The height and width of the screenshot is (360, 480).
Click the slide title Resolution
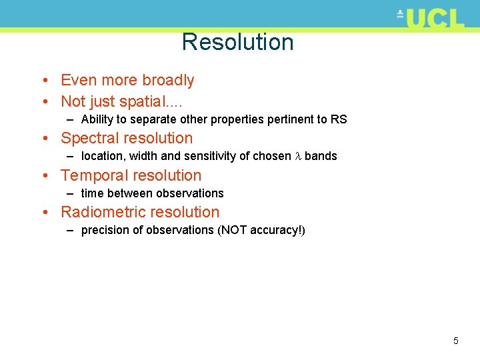coord(237,42)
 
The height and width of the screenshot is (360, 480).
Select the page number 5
coord(456,341)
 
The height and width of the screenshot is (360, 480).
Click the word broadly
coord(167,81)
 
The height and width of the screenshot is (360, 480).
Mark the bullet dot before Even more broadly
coord(42,81)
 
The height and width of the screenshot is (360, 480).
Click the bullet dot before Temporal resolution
coord(42,177)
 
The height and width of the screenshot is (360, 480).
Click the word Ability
coord(97,120)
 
